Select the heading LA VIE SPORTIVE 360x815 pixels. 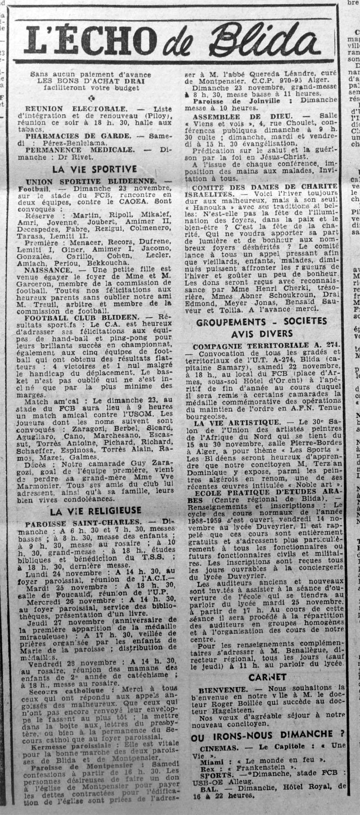point(94,169)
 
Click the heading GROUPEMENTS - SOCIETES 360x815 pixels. point(261,322)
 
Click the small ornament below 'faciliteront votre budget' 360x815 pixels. point(93,98)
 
